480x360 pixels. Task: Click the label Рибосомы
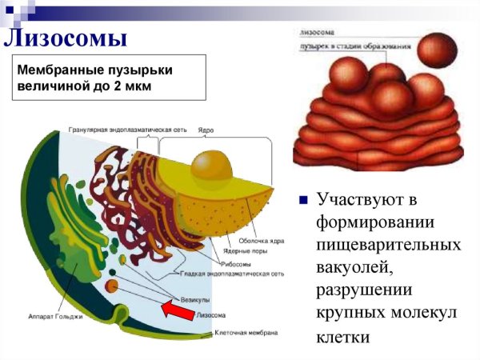235,262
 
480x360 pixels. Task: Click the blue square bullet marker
303,200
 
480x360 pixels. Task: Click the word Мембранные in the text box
54,70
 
